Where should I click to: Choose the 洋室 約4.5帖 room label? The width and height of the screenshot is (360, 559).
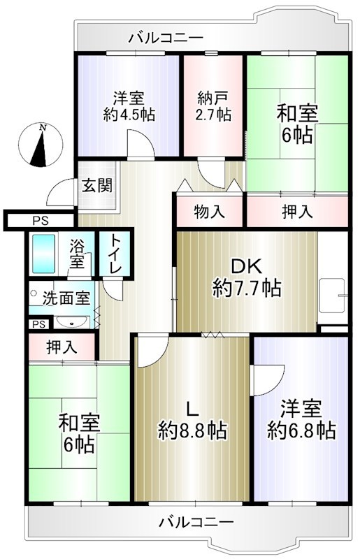[130, 105]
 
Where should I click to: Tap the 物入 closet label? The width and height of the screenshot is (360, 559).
[209, 211]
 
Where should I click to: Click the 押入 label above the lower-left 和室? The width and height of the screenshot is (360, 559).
[62, 346]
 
